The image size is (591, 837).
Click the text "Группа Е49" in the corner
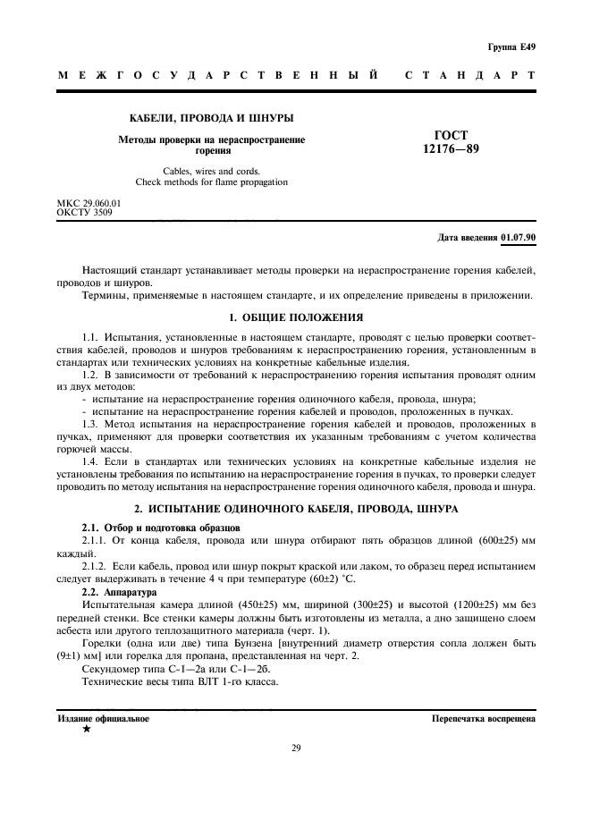(511, 46)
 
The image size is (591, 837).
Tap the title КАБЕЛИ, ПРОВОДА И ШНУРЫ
(211, 118)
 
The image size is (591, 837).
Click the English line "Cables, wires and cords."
(211, 171)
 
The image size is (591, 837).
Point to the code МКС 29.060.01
(89, 204)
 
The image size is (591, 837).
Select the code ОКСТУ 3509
(85, 213)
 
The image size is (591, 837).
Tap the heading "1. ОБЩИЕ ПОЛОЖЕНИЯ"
(296, 317)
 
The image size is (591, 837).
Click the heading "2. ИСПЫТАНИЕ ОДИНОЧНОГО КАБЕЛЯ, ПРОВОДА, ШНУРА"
(296, 508)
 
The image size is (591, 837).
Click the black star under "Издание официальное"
(86, 730)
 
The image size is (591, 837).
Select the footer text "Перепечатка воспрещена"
(483, 718)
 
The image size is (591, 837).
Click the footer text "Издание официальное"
(104, 718)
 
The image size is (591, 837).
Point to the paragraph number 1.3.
(90, 421)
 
